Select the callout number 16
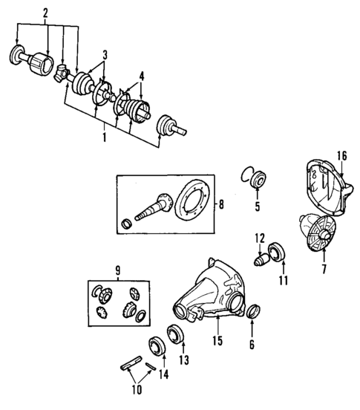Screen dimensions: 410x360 click(342, 156)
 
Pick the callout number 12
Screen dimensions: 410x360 click(260, 238)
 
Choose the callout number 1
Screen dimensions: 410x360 click(103, 138)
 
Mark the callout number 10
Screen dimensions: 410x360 click(135, 388)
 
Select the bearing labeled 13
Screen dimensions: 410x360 click(177, 334)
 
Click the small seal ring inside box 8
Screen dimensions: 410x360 click(126, 224)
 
